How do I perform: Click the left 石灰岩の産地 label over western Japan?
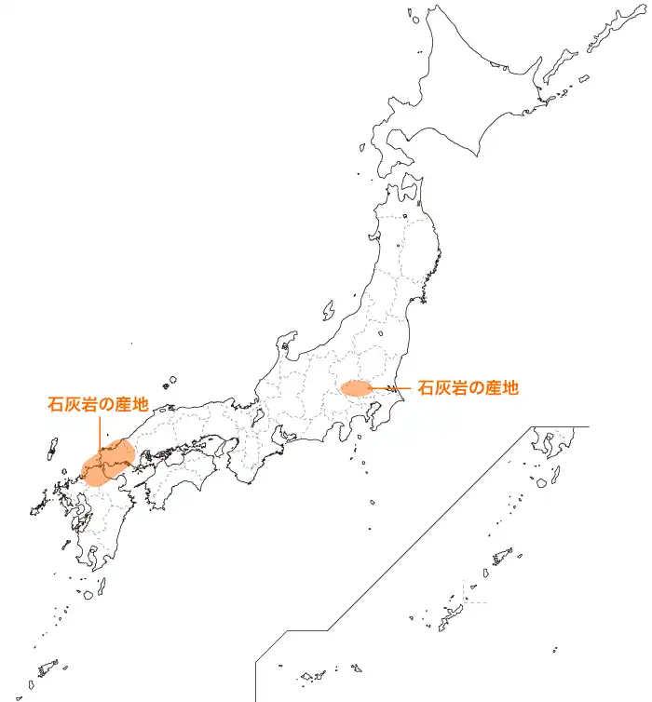pyautogui.click(x=98, y=405)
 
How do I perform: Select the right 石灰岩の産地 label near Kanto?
pyautogui.click(x=468, y=387)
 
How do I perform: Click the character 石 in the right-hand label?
pyautogui.click(x=426, y=387)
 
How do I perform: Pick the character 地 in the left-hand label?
pyautogui.click(x=140, y=405)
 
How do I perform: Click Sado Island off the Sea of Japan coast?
pyautogui.click(x=329, y=308)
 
